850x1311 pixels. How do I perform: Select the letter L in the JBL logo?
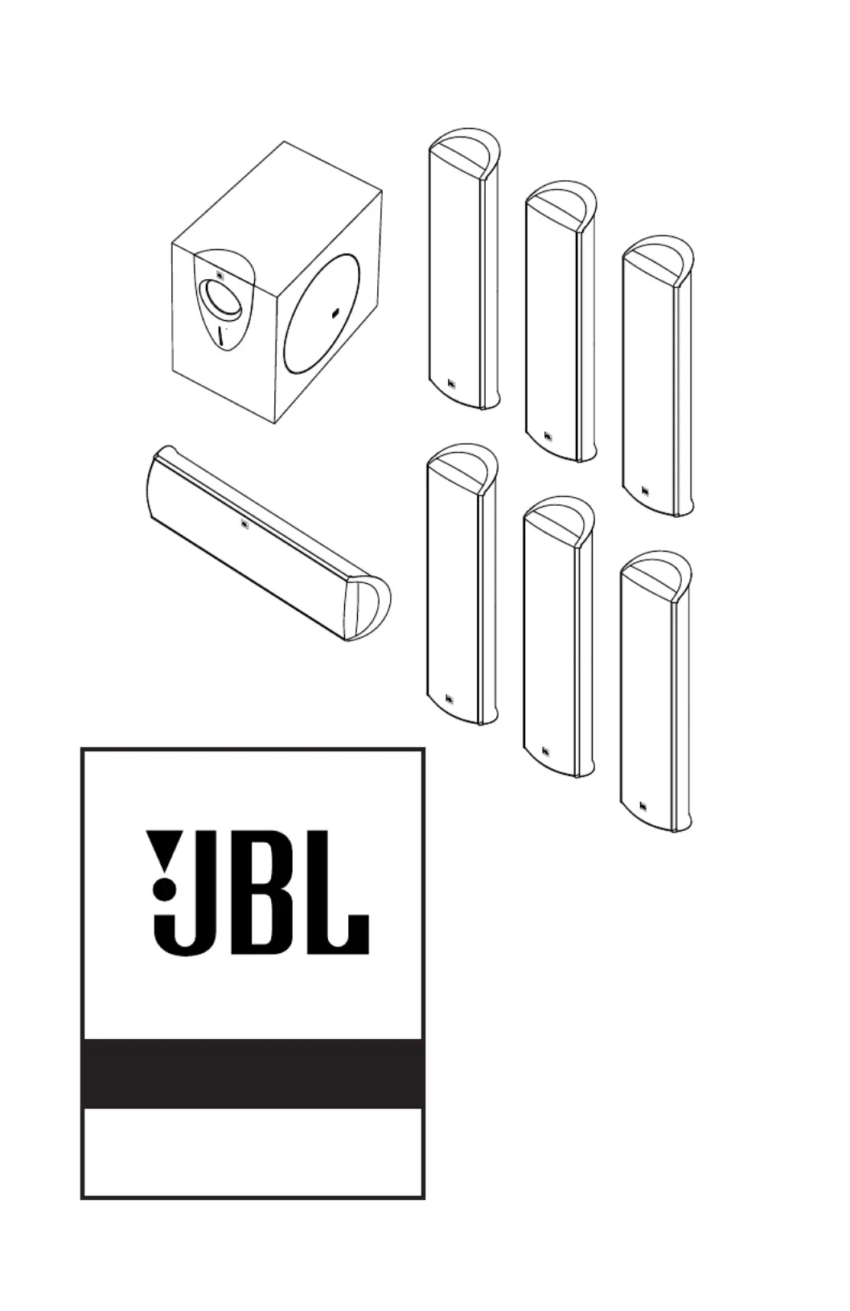(334, 892)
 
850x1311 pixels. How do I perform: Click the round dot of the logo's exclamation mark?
(164, 891)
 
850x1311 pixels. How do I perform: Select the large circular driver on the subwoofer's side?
(321, 313)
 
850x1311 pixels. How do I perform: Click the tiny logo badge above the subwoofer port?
(220, 274)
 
